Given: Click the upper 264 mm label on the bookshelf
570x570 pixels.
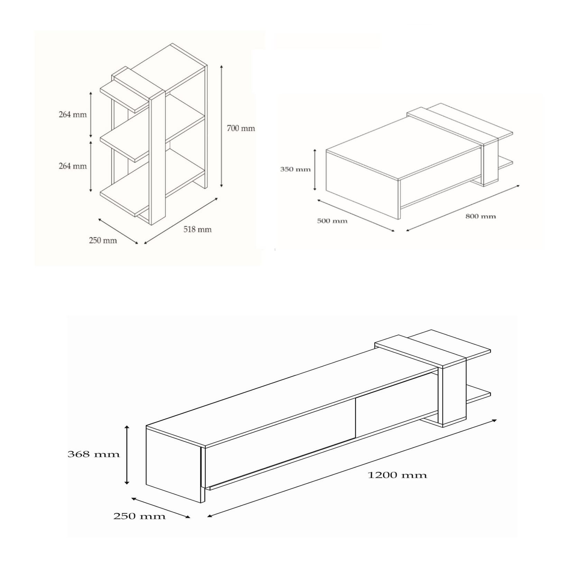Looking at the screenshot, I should (73, 114).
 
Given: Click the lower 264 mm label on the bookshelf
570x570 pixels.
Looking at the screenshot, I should (73, 166).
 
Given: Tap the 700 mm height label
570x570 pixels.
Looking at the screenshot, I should (241, 128).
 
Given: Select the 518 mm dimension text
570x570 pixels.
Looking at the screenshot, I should (197, 229).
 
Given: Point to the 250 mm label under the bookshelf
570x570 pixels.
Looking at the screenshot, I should (103, 240).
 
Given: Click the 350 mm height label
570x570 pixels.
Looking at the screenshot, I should (295, 169).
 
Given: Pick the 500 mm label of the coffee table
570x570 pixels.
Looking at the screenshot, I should (332, 221).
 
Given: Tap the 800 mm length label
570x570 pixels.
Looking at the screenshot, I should (480, 217).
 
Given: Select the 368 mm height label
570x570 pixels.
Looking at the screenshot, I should (93, 454).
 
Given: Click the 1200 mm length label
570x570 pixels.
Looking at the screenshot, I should (397, 475).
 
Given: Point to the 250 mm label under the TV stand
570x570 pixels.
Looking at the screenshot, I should (139, 517).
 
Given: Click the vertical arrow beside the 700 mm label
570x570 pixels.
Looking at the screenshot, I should (221, 126).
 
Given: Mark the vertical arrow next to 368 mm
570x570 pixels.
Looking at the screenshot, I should (127, 455).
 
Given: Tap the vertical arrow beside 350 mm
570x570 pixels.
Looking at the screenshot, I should (315, 169).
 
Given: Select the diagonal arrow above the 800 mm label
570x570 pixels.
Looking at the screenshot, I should (463, 208).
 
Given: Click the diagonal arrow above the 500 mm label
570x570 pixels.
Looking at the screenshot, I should (356, 215).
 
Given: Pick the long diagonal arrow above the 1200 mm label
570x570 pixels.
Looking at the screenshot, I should (352, 469).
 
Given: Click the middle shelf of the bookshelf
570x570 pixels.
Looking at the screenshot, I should (152, 138).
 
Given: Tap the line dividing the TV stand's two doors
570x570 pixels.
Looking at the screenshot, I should (356, 418).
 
